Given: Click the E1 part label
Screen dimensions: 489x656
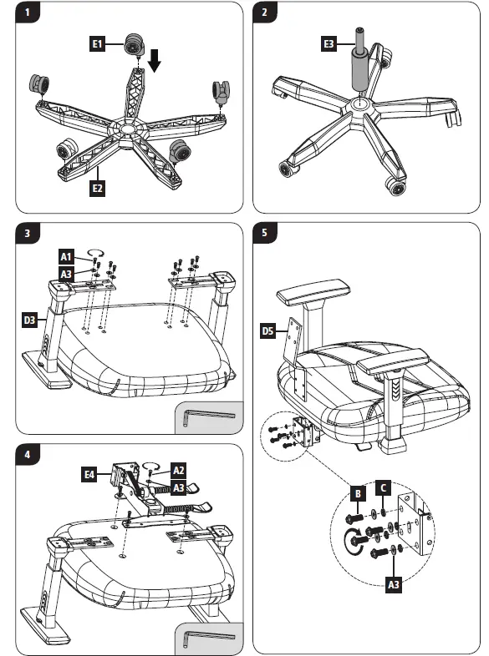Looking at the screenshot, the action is (97, 43).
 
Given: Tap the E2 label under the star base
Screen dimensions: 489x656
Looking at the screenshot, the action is (97, 189).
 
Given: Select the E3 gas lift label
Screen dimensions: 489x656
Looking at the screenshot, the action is (329, 43).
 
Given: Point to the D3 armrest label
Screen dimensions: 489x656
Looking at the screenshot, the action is (29, 320).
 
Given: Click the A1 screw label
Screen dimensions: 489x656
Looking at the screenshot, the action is (66, 256).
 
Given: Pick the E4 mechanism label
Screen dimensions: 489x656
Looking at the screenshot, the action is (89, 474).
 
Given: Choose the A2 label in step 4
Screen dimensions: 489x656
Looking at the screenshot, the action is (179, 470).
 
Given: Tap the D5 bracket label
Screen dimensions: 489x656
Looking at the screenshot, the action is (267, 331).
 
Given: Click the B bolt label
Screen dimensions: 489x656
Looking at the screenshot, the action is (358, 494).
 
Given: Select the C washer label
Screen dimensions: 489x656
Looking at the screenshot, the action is (383, 487).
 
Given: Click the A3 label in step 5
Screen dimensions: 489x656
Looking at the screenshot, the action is (394, 584).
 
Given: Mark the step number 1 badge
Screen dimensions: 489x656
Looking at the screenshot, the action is (28, 13).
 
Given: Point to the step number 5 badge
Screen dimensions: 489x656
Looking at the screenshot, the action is (264, 232).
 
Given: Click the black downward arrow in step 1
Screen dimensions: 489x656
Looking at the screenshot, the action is (155, 60).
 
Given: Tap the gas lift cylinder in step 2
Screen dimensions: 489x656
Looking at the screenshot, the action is (360, 60).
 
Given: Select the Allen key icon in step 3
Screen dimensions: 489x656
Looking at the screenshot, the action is (209, 417).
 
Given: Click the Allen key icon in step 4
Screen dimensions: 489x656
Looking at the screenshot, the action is (209, 638).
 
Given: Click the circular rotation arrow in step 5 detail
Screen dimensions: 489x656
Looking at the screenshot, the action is (350, 542).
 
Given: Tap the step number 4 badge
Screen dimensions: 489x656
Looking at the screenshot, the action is (28, 454).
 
